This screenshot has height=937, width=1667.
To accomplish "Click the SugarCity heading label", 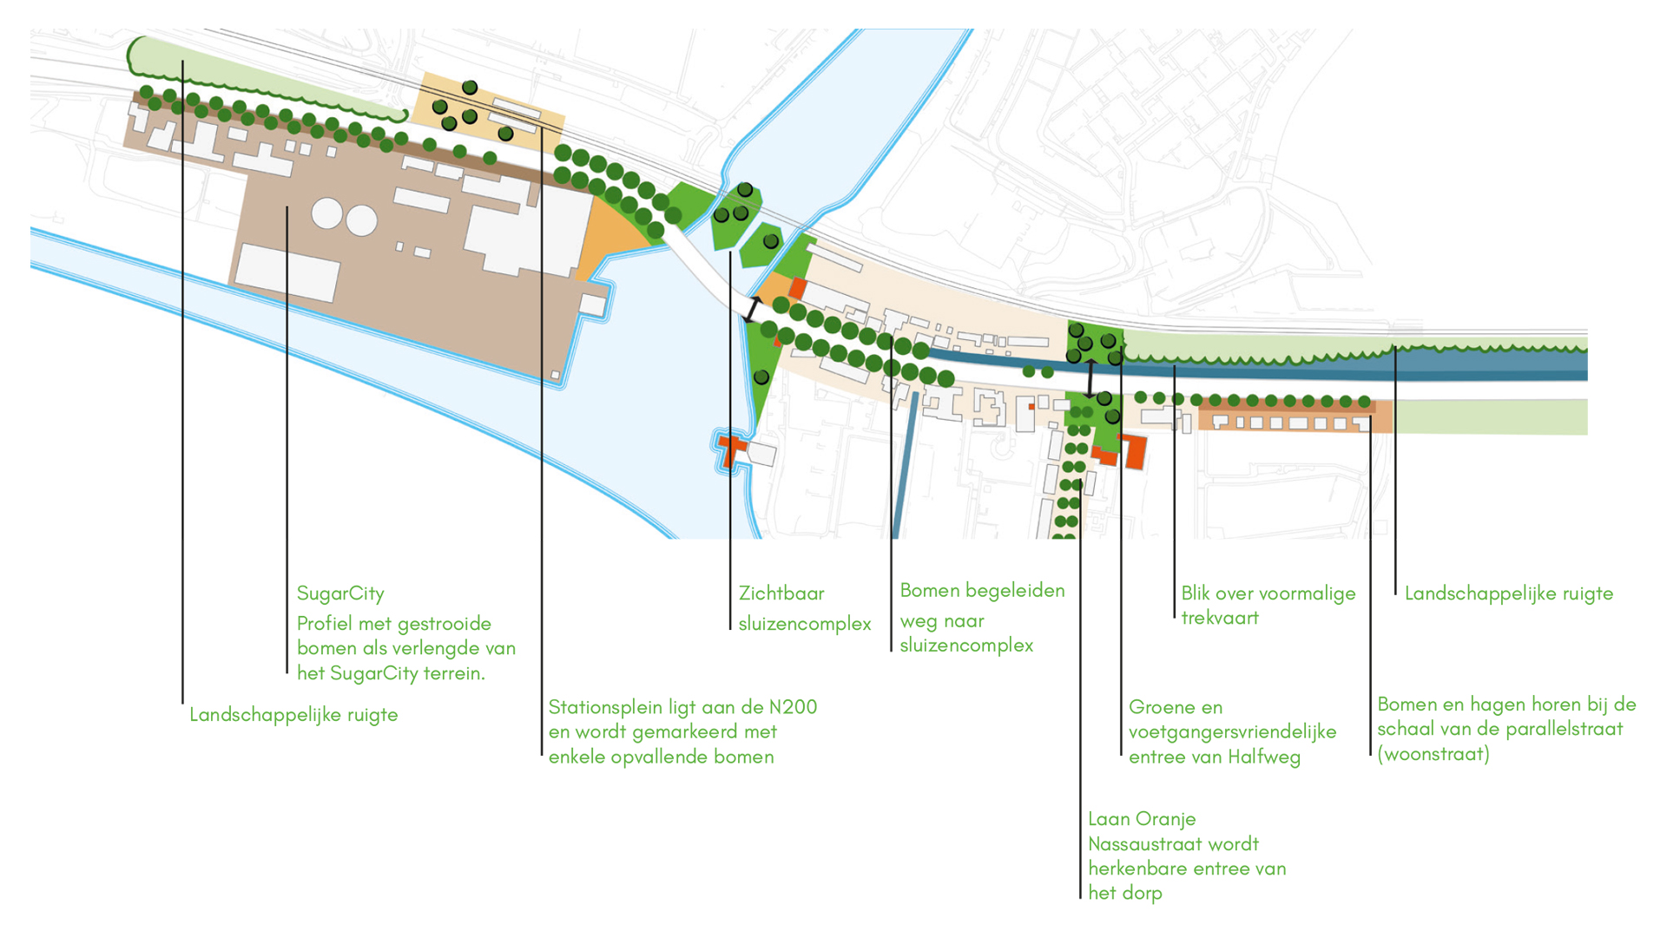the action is click(x=340, y=594).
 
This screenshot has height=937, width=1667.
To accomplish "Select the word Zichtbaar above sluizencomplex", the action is click(x=781, y=593).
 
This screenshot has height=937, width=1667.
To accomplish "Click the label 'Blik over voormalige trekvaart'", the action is click(x=1268, y=606).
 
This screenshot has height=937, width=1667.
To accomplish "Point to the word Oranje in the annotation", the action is click(x=1169, y=820).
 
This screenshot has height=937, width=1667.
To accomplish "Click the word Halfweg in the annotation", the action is click(x=1265, y=757).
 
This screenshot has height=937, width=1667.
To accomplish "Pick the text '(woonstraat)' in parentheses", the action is click(x=1433, y=754).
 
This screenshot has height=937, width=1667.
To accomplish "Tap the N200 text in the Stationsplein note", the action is click(x=794, y=707).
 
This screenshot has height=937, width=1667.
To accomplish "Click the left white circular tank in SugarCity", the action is click(x=327, y=213).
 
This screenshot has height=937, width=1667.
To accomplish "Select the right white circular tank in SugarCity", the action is click(x=362, y=220).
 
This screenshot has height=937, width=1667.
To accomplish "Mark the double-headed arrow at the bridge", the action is click(x=752, y=310).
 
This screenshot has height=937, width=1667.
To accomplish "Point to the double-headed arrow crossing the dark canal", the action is click(x=1090, y=378).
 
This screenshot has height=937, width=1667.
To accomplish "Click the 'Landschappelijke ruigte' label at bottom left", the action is click(x=293, y=715).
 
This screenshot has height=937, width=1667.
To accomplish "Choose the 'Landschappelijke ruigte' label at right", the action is click(x=1509, y=593).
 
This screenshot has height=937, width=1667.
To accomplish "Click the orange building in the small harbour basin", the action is click(x=732, y=450).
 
